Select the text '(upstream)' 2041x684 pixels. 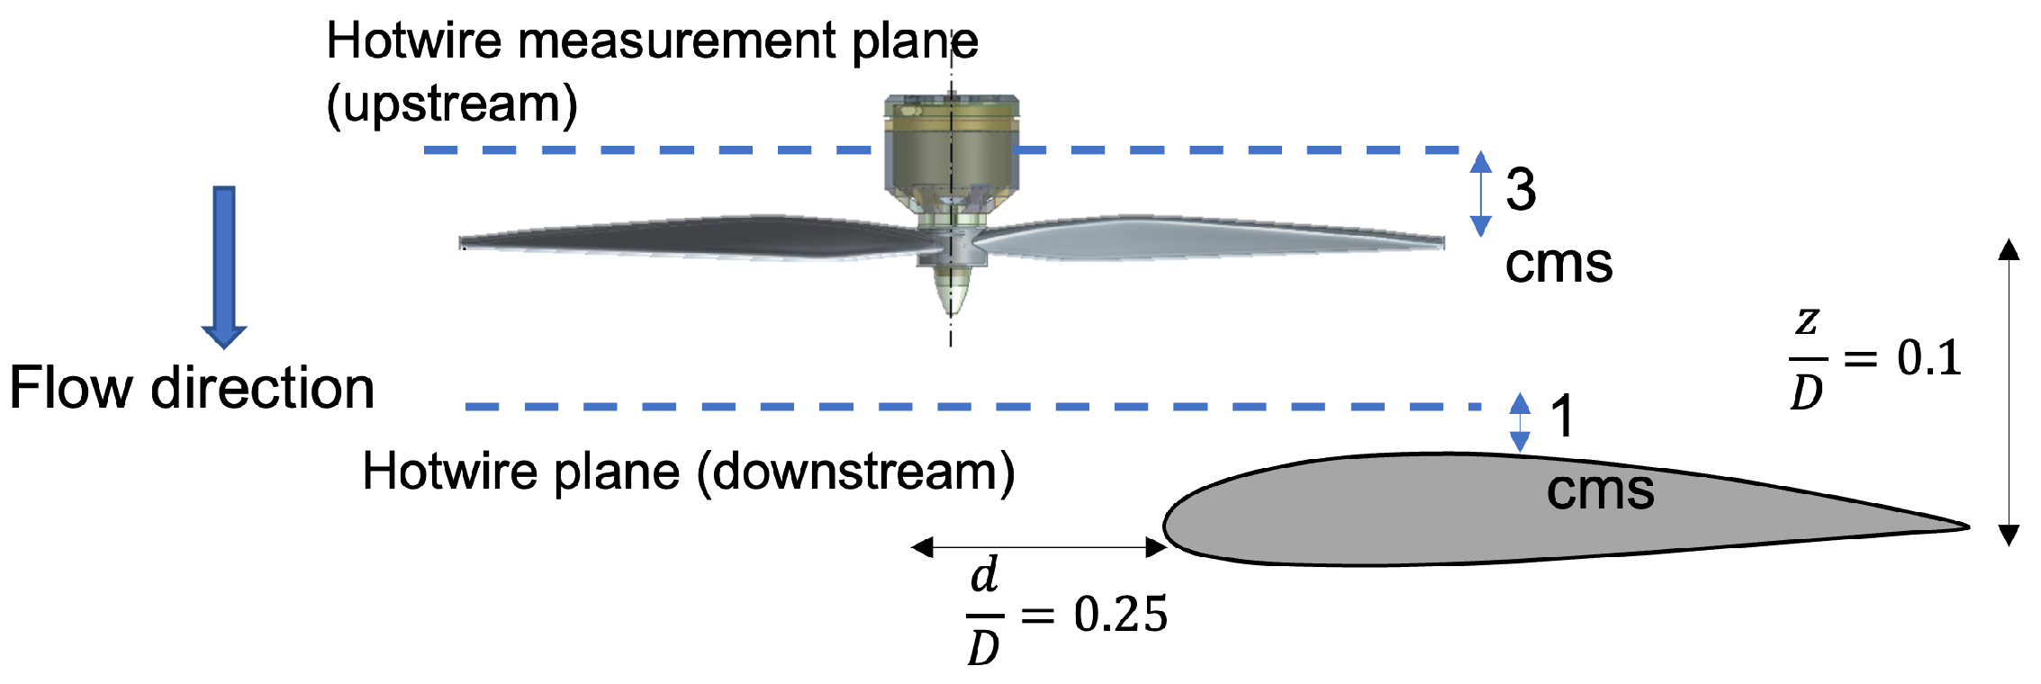coord(452,104)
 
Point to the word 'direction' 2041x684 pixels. coord(262,388)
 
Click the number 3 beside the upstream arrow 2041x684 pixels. coord(1521,190)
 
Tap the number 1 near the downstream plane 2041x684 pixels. coord(1562,417)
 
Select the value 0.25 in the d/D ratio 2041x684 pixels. coord(1120,615)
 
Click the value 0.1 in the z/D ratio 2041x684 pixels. coord(1928,358)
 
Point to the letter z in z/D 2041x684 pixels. coord(1807,319)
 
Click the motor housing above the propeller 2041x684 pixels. coord(952,148)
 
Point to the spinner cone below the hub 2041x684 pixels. coord(952,292)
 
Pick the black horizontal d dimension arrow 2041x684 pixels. coord(1039,546)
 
